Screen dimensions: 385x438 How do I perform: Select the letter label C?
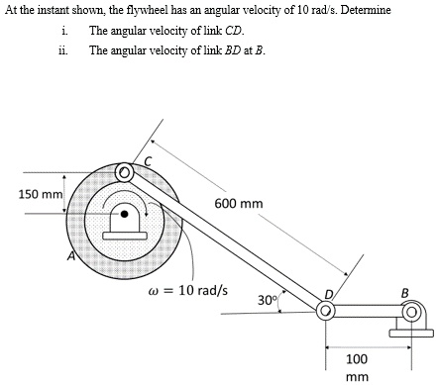pos(149,160)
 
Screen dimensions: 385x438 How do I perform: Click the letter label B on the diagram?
pos(402,293)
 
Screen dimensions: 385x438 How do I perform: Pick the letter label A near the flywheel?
pos(71,256)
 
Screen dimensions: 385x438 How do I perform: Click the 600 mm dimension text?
pos(238,205)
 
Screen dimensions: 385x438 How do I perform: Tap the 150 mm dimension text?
pos(39,193)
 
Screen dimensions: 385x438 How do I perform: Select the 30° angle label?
pos(267,299)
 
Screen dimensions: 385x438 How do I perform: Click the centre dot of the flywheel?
pos(124,212)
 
